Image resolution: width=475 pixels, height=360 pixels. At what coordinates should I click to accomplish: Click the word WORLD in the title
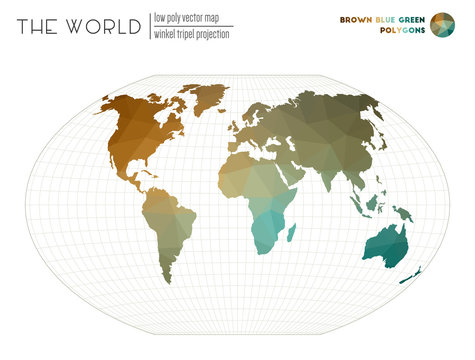point(104,27)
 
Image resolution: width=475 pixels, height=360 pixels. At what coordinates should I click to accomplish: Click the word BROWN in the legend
point(357,19)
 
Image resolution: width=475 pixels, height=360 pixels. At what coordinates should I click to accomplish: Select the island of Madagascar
point(290,232)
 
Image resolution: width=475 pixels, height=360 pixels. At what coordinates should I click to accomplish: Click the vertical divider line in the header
point(147,26)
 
